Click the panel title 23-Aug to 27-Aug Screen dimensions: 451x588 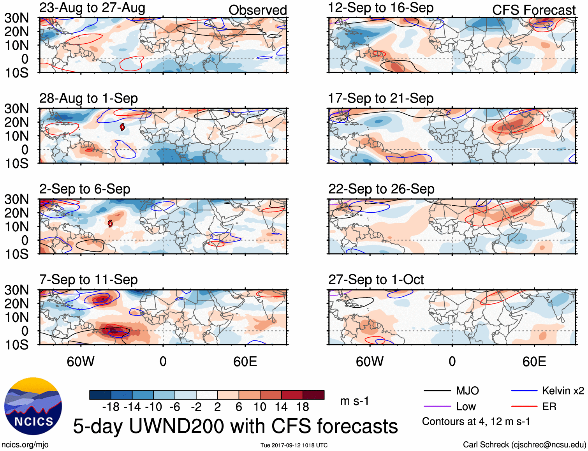(x=92, y=8)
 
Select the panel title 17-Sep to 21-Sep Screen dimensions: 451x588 (x=380, y=99)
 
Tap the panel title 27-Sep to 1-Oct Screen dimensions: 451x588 (x=376, y=280)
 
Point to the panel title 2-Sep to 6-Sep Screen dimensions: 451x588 (x=85, y=189)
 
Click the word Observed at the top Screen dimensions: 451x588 (x=257, y=10)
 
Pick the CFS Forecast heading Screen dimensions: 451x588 (x=533, y=10)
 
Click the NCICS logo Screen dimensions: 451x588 (x=33, y=406)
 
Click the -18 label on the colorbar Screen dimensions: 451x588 (x=111, y=407)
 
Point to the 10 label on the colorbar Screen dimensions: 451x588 (x=260, y=407)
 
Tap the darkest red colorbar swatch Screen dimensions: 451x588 (x=313, y=395)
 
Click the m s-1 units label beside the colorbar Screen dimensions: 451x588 (x=354, y=401)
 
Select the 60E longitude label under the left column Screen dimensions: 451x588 (x=245, y=361)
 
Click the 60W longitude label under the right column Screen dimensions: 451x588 (x=370, y=361)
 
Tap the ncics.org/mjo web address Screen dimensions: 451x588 (x=25, y=445)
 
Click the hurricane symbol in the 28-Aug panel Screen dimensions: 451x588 (x=122, y=127)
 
